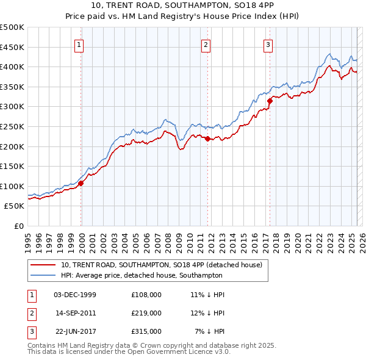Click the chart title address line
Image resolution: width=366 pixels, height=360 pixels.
(182, 7)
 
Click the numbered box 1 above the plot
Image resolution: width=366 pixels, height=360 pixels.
(80, 45)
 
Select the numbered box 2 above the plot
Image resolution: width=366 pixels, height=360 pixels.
(206, 45)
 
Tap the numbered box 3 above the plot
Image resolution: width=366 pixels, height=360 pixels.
(268, 45)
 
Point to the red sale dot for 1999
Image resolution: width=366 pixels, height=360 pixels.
(81, 183)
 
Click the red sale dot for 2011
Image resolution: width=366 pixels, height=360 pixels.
(207, 139)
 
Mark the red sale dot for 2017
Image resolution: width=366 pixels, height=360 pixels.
(270, 101)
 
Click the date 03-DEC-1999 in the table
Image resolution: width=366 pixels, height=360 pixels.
(75, 294)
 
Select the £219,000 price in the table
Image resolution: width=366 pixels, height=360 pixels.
(146, 313)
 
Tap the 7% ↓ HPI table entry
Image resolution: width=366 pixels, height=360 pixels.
(209, 332)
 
